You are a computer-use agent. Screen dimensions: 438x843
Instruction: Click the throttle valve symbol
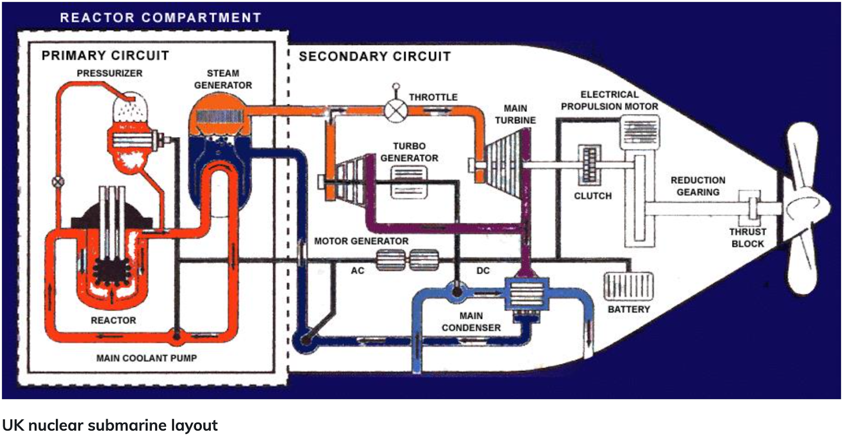[396, 111]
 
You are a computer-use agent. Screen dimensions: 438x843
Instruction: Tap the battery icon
[628, 286]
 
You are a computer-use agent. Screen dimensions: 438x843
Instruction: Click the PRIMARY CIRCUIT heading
[105, 55]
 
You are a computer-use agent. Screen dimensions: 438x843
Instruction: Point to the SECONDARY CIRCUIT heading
[375, 56]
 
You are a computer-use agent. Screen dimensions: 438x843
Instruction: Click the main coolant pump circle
[176, 334]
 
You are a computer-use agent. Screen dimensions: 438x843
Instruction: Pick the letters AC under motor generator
[357, 271]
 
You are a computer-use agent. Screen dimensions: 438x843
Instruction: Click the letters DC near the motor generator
[483, 271]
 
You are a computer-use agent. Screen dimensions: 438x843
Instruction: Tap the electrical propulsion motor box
[640, 132]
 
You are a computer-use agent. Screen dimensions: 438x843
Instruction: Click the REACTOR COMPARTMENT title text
[160, 17]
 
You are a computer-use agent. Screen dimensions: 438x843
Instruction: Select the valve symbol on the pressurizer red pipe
[58, 182]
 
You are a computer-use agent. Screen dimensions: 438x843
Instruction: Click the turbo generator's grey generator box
[409, 181]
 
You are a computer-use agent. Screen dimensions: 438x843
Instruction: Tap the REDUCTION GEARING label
[698, 186]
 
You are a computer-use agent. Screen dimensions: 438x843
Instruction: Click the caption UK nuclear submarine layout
[110, 425]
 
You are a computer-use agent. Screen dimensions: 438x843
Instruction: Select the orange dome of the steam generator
[219, 113]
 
